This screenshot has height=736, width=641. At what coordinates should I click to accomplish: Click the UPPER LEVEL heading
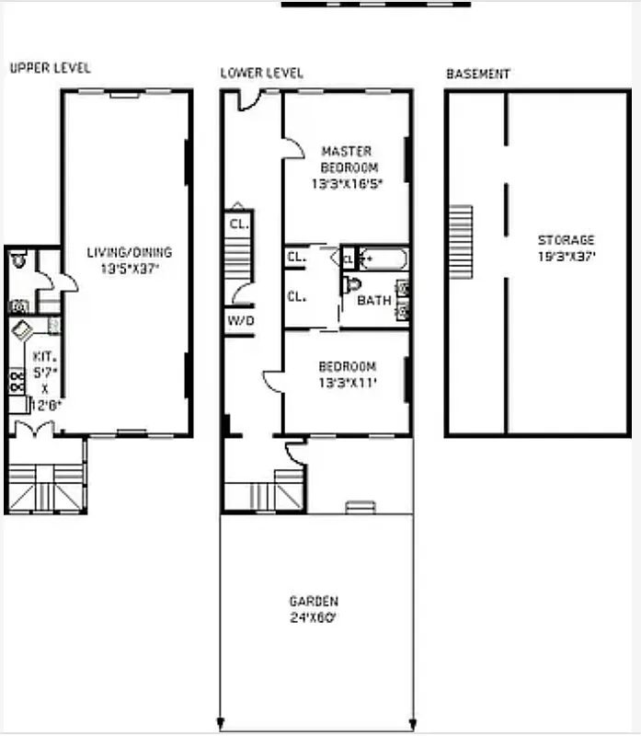(x=50, y=68)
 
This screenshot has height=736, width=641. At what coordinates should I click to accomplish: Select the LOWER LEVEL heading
(x=261, y=73)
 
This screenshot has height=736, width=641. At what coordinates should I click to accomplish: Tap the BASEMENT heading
(x=478, y=74)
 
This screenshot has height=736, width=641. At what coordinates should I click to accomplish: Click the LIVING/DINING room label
(x=129, y=252)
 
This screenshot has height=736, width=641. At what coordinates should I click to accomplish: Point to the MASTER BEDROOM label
(x=347, y=159)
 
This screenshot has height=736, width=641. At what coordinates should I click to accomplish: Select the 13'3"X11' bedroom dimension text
(x=347, y=382)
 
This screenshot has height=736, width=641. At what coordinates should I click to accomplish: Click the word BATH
(x=374, y=301)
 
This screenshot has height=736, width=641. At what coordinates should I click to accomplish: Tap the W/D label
(x=239, y=321)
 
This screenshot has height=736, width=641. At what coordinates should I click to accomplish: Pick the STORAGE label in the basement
(x=566, y=240)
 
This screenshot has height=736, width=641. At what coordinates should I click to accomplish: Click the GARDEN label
(x=314, y=602)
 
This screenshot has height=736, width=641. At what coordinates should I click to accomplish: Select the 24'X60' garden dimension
(x=314, y=617)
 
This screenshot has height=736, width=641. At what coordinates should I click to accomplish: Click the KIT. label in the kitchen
(x=45, y=355)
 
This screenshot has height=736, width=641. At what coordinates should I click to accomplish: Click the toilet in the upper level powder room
(x=19, y=261)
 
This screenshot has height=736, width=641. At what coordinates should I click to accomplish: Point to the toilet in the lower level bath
(x=351, y=284)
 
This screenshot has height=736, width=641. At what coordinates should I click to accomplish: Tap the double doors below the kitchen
(x=35, y=428)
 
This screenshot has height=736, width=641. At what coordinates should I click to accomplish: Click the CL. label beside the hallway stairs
(x=237, y=224)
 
